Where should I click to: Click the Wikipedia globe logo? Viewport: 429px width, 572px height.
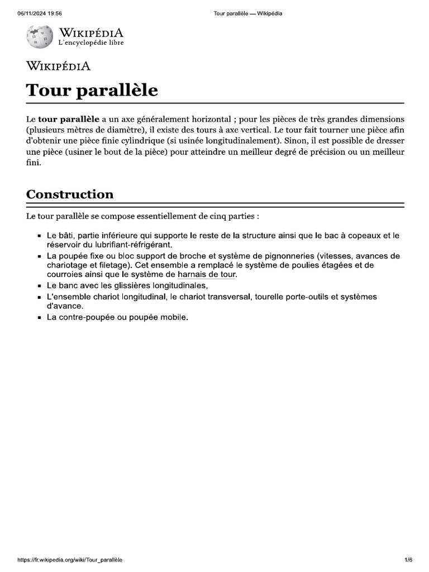tap(39, 36)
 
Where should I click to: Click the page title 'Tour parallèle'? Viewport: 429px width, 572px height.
tap(92, 90)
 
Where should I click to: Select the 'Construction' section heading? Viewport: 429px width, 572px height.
tap(70, 194)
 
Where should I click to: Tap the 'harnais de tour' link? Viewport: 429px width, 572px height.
tap(207, 275)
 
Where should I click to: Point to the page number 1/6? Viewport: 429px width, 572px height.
tap(408, 560)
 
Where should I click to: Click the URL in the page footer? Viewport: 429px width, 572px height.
tap(70, 560)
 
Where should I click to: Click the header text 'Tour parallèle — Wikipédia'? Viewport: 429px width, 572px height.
tap(248, 13)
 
